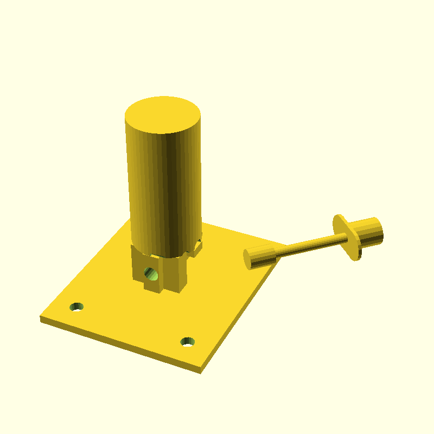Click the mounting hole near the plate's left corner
[77, 307]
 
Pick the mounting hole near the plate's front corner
[188, 341]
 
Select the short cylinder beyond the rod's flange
[369, 231]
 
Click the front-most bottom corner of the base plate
[200, 373]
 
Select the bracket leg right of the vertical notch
[177, 274]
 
